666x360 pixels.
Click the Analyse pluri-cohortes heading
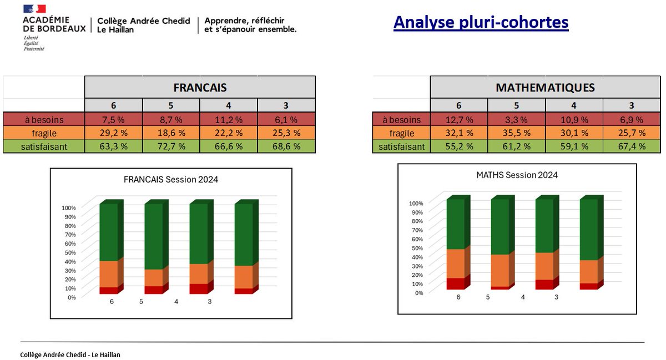coord(481,22)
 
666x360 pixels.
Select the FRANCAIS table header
coord(200,88)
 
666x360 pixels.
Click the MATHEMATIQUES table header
coord(545,88)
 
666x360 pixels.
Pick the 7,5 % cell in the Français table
coord(113,119)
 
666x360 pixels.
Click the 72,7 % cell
coord(171,146)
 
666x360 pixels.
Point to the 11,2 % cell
coord(228,119)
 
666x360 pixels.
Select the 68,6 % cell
coord(286,146)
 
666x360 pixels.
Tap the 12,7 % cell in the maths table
coord(459,119)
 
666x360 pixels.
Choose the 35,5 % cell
coord(516,133)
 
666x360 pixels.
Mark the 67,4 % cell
coord(632,146)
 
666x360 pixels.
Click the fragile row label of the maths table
coord(401,133)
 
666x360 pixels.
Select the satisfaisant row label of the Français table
coord(44,146)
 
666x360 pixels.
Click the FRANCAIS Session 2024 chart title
coord(171,179)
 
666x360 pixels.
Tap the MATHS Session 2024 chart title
coord(517,175)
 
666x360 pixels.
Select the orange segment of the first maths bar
coord(455,263)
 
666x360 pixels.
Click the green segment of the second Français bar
coord(154,236)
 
